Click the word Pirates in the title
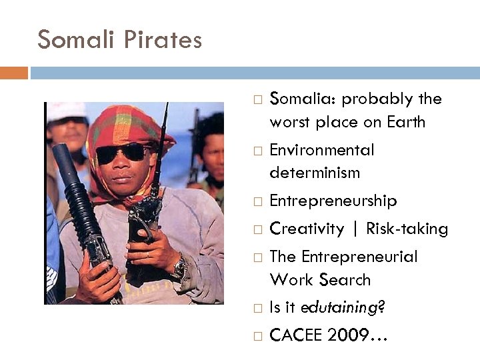click(x=163, y=40)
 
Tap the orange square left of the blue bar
click(x=13, y=73)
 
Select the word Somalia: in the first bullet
click(x=302, y=99)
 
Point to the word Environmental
click(x=321, y=150)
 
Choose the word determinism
click(x=315, y=173)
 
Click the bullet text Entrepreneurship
click(x=333, y=201)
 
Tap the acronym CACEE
click(x=295, y=335)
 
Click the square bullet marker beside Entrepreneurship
click(x=257, y=201)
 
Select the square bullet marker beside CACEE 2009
click(x=257, y=336)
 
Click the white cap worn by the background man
click(x=65, y=111)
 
